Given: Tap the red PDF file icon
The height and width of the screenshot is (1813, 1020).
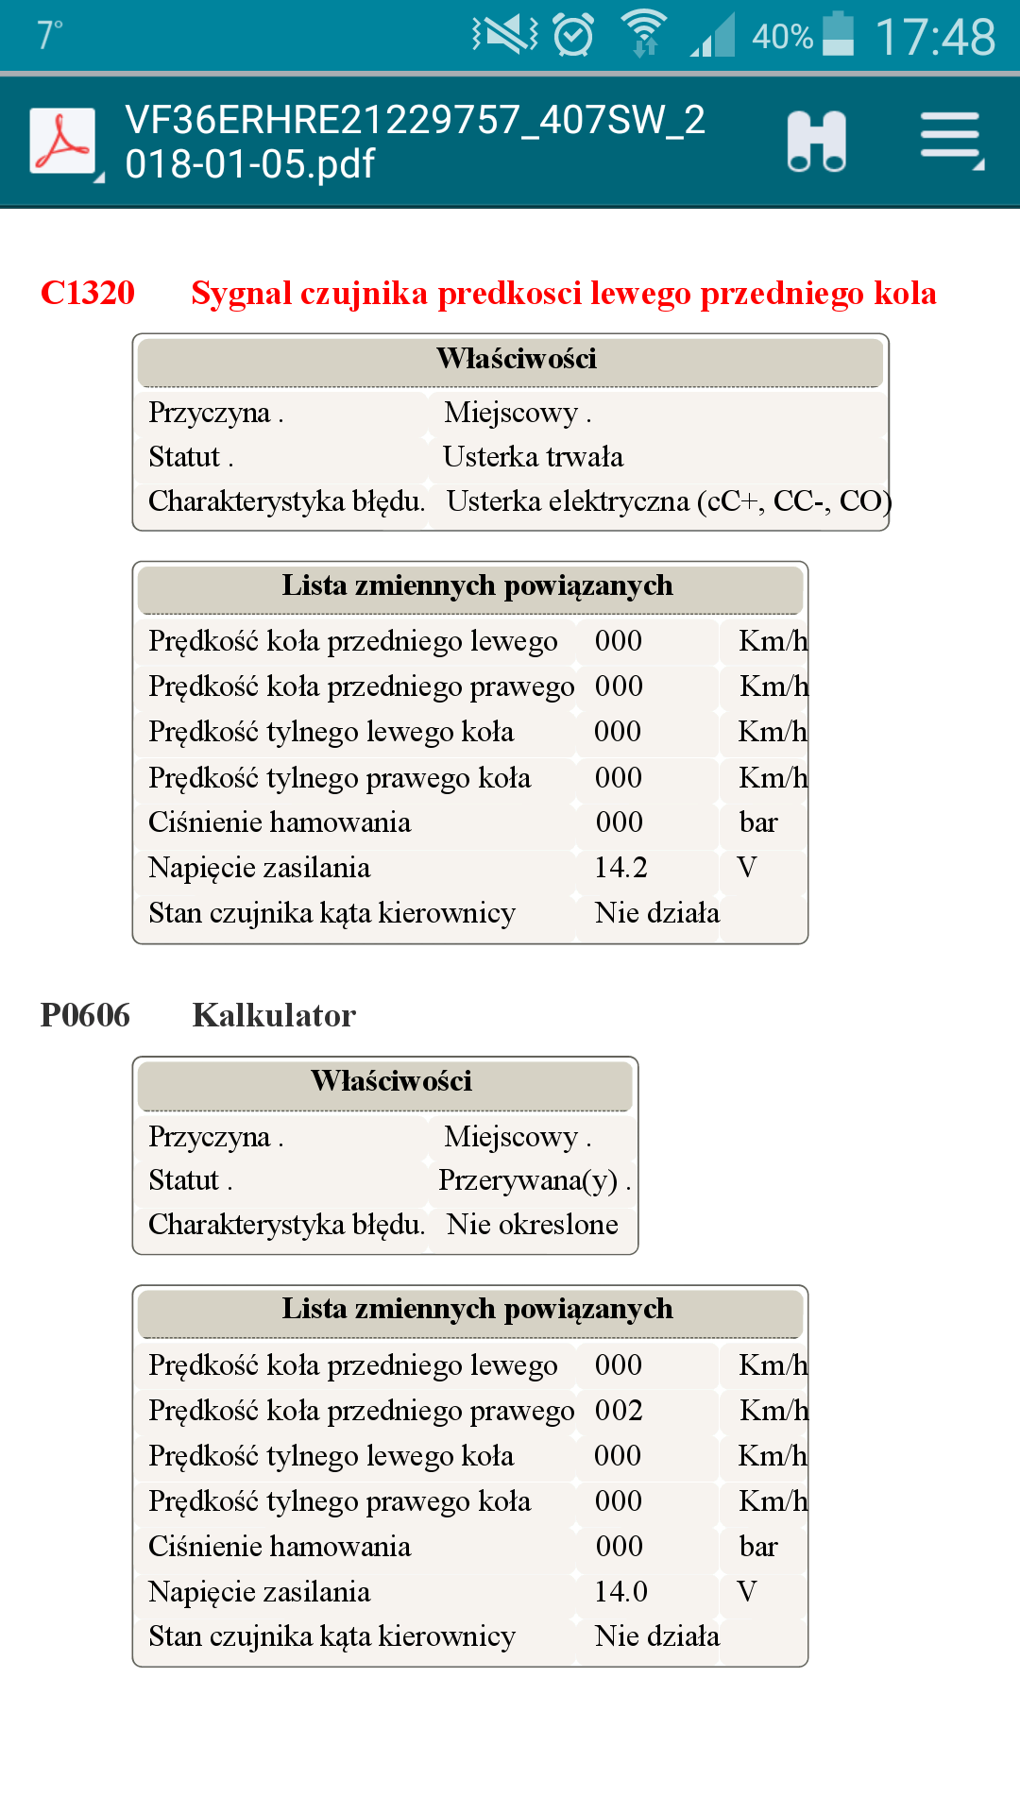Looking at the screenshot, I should click(62, 142).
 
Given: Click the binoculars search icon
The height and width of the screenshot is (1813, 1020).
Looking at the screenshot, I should click(817, 142).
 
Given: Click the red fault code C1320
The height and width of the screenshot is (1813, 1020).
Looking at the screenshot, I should click(88, 293).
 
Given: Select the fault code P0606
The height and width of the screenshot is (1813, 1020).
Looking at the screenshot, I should click(85, 1015).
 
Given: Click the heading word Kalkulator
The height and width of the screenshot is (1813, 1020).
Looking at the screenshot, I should click(274, 1015).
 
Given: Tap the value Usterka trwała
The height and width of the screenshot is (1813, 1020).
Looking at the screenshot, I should click(533, 457).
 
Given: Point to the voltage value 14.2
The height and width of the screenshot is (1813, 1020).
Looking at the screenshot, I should click(620, 867).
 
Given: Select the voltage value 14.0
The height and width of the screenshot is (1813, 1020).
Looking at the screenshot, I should click(620, 1591).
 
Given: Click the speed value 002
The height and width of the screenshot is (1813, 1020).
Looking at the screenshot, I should click(619, 1410).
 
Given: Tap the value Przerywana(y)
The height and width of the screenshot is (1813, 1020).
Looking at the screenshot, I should click(529, 1180).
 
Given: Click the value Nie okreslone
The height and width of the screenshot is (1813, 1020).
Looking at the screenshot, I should click(533, 1225).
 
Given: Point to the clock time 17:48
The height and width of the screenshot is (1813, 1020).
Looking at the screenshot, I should click(935, 38).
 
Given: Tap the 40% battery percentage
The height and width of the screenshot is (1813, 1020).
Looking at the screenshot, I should click(782, 38).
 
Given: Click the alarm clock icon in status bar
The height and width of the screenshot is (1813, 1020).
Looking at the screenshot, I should click(573, 36).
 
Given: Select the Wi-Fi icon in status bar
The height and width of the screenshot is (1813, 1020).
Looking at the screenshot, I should click(644, 34).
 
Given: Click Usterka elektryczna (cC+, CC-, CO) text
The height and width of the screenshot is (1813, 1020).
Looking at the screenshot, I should click(669, 500).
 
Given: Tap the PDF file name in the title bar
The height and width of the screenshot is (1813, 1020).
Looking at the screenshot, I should click(416, 142).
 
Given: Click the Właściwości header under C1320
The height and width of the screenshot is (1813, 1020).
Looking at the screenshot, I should click(516, 359).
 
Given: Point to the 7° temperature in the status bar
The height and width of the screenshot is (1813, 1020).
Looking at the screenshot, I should click(49, 36).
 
